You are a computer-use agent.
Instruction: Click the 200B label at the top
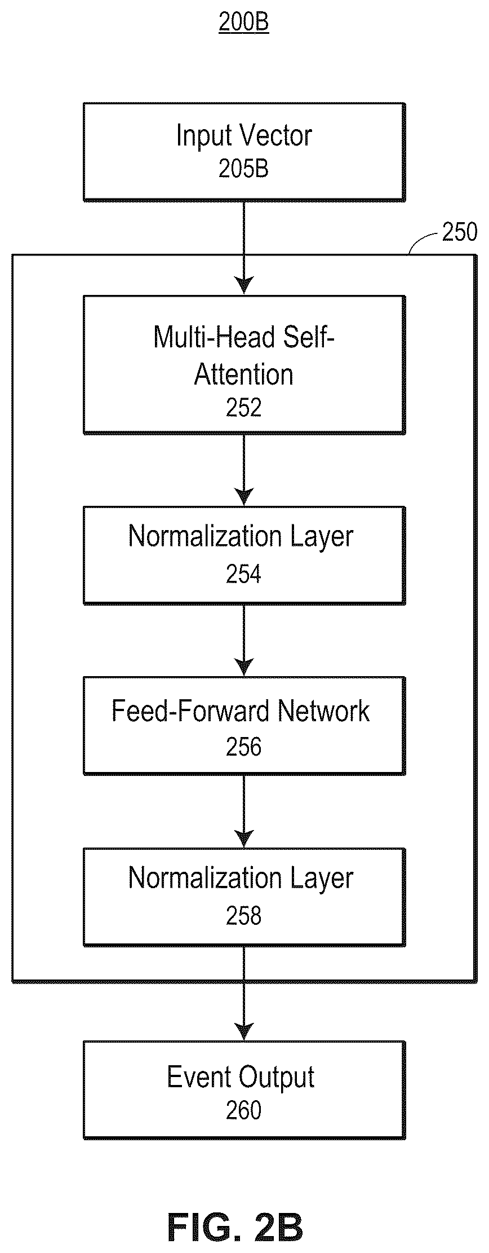click(243, 23)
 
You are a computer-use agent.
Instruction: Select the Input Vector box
click(244, 152)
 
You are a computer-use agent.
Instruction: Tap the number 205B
click(243, 169)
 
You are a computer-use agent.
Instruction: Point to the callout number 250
click(459, 232)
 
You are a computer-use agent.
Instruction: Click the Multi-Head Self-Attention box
click(244, 365)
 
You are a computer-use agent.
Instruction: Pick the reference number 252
click(243, 408)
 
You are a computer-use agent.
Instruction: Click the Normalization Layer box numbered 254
click(244, 555)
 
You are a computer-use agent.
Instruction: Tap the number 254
click(243, 574)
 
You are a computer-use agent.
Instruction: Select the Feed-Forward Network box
click(244, 726)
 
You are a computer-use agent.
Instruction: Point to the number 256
click(243, 747)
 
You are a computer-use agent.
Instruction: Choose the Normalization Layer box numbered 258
click(244, 897)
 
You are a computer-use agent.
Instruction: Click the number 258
click(243, 916)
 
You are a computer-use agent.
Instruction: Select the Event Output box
click(244, 1090)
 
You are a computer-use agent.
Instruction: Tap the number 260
click(243, 1110)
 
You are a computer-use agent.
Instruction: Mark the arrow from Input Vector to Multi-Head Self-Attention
click(244, 248)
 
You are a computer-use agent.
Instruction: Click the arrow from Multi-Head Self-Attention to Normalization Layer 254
click(244, 470)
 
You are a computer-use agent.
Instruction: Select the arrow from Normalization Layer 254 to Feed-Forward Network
click(244, 641)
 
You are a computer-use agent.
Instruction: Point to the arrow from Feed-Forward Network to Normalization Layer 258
click(244, 811)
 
